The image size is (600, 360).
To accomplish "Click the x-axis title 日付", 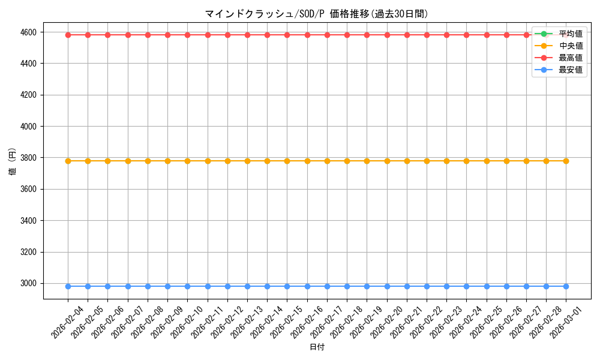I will pos(317,347).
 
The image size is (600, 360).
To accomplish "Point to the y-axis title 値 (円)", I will pos(13,162).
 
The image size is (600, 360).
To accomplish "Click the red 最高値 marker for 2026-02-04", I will pos(68,35).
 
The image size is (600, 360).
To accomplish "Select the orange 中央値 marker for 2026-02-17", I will pos(327,161).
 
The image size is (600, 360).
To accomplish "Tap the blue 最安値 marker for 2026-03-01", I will pos(566,286).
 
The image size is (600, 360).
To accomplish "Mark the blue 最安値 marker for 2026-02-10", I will pos(187,286).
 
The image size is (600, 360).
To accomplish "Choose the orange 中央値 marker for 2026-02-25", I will pos(487,161).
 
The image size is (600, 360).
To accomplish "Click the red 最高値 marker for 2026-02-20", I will pos(387,35).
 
